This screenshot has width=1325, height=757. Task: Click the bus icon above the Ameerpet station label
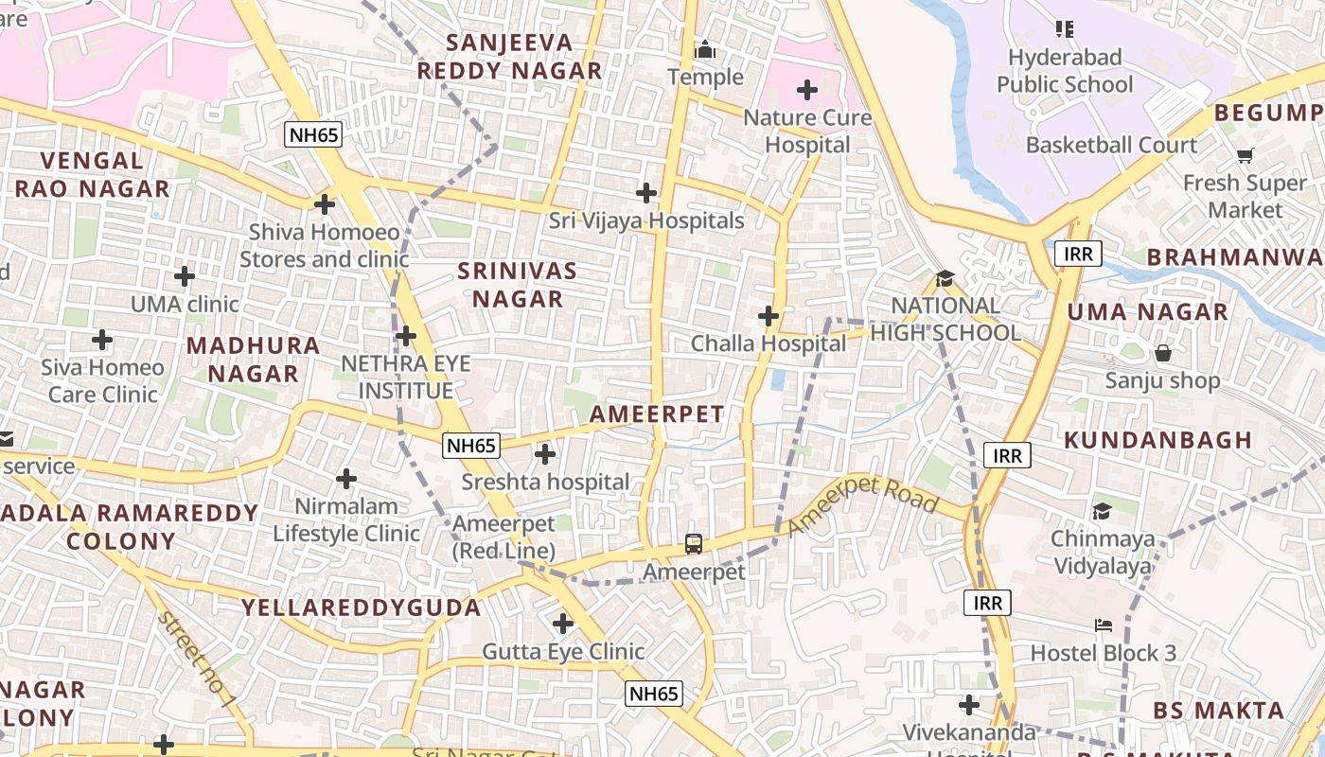[694, 544]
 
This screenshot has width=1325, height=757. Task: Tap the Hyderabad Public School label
[1065, 71]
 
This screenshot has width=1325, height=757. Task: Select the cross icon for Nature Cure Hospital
[807, 90]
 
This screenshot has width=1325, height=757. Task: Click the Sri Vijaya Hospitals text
[646, 220]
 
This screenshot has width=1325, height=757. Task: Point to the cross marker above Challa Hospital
[768, 315]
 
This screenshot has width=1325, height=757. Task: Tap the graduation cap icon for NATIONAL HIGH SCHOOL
[945, 278]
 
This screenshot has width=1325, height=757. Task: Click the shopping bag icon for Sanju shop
[1162, 353]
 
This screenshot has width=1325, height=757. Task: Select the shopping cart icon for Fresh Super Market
[1245, 155]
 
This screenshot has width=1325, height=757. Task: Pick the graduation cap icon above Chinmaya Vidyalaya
[1102, 512]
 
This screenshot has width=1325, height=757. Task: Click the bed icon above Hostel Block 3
[1103, 625]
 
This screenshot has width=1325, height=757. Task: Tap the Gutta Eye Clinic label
[563, 651]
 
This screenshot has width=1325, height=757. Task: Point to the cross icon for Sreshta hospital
[545, 454]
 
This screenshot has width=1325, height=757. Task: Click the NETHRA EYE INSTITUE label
[405, 377]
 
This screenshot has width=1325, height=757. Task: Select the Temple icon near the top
[705, 49]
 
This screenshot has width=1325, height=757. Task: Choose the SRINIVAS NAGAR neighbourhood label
[518, 285]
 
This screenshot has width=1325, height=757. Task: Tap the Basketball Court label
[1111, 145]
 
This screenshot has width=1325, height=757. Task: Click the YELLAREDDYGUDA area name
[361, 607]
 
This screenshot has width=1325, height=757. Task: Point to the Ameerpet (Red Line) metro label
[503, 537]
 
